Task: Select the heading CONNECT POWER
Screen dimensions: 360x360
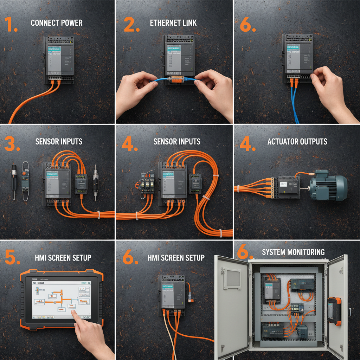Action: (57, 23)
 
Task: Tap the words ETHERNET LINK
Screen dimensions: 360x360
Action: (173, 23)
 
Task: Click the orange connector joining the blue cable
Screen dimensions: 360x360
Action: (175, 80)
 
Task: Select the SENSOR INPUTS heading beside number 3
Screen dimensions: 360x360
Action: (59, 142)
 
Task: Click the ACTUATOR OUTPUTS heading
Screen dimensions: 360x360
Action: (297, 142)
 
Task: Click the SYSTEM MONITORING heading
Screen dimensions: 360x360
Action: (293, 252)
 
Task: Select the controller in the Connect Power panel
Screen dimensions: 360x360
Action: (59, 60)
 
